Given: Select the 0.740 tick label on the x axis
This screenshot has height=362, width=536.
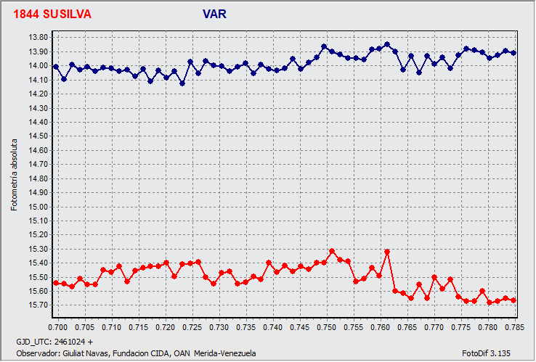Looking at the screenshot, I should click(x=275, y=328).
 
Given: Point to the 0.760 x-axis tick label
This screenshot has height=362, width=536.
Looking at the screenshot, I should click(x=382, y=328).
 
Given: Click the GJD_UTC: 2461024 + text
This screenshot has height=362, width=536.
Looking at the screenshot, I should click(x=54, y=341).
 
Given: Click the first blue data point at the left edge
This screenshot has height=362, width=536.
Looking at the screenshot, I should click(x=56, y=67).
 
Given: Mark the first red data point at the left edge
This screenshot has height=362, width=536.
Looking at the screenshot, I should click(x=56, y=283).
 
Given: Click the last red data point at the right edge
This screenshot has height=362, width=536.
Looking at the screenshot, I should click(x=513, y=300).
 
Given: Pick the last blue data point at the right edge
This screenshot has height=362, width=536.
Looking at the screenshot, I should click(x=513, y=53).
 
